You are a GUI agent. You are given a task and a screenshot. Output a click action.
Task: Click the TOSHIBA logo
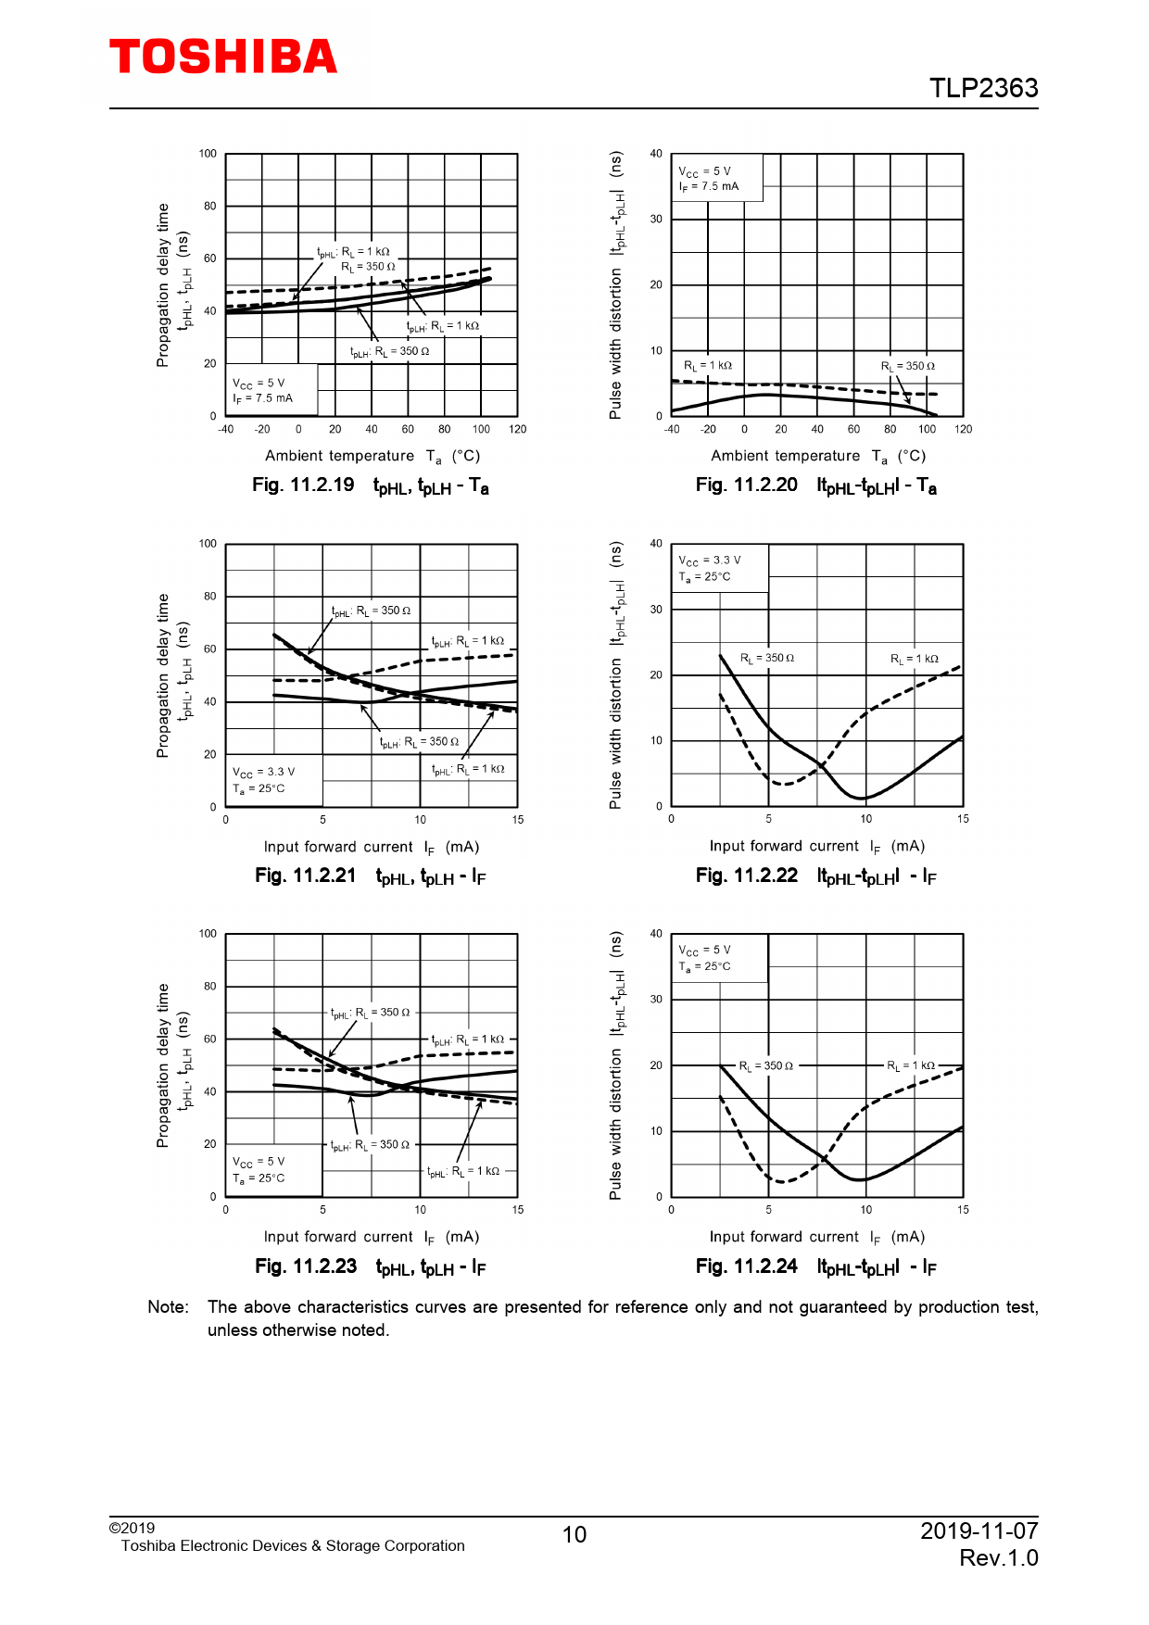223,57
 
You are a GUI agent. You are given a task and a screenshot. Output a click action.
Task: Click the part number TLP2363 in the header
983,88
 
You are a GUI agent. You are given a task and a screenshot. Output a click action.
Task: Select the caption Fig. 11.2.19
303,485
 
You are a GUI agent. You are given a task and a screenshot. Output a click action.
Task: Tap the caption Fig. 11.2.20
747,485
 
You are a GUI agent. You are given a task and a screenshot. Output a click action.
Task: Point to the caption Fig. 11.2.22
747,875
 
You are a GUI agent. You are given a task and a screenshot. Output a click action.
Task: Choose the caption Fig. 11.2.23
306,1266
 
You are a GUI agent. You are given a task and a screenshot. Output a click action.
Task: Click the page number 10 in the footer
574,1535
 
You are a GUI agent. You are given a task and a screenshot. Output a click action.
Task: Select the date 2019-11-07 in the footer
979,1531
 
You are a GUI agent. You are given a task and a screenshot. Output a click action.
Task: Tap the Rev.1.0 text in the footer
998,1558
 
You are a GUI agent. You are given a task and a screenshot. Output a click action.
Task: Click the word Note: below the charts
169,1307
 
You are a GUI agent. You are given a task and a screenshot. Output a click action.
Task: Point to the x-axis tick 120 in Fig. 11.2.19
517,430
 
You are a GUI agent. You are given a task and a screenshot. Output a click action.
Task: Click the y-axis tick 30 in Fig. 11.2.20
656,220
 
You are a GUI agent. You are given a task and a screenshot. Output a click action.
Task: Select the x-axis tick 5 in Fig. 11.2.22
768,819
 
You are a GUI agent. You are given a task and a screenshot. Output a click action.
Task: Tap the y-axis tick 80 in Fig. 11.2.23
210,987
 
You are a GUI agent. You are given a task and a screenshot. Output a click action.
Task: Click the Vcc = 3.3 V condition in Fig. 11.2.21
264,772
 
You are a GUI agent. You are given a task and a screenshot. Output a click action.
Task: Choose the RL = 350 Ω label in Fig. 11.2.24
766,1066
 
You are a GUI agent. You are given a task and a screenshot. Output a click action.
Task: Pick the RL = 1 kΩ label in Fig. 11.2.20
708,366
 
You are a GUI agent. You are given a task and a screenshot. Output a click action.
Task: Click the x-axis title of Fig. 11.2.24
816,1237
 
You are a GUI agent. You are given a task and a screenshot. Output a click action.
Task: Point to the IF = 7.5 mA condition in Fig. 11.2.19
262,398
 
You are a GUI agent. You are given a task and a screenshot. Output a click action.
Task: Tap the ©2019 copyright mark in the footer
132,1529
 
